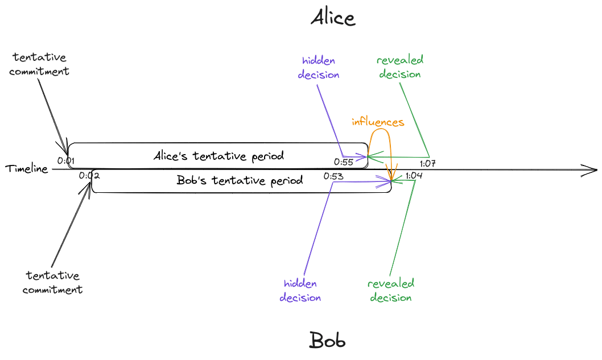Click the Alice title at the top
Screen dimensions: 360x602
coord(333,18)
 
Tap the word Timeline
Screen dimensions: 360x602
coord(27,168)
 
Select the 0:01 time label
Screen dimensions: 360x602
coord(66,161)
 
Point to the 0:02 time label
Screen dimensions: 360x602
coord(90,175)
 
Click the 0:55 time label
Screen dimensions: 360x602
coord(344,162)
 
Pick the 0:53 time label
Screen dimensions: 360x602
coord(333,176)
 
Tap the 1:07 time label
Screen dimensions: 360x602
coord(427,164)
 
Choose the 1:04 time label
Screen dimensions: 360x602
coord(414,176)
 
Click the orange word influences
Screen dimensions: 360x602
coord(378,122)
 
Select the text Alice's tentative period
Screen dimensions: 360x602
coord(218,156)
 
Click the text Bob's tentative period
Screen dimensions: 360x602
coord(239,180)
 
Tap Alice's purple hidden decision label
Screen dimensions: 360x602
coord(320,67)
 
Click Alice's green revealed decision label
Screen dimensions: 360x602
coord(401,67)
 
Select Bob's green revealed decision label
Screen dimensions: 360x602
coord(391,291)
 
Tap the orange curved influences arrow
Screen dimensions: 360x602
coord(380,136)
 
